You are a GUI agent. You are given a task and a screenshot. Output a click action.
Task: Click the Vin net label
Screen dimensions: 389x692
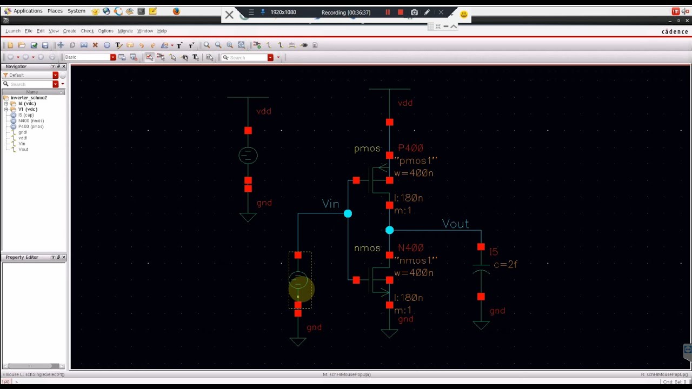tap(330, 204)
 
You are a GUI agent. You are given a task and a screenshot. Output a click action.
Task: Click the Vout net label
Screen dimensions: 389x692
tap(455, 224)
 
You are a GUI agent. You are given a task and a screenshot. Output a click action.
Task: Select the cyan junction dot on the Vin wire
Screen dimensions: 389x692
tap(348, 214)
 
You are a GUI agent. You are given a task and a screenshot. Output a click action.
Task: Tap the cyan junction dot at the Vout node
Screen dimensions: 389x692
tap(389, 230)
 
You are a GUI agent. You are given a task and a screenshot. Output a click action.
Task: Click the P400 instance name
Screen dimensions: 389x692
tap(410, 148)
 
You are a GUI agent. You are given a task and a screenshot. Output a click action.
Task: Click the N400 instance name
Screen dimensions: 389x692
tap(410, 248)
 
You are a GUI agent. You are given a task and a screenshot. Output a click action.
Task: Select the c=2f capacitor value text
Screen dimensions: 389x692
tap(505, 264)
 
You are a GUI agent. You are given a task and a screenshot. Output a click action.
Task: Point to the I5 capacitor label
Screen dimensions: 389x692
tap(494, 252)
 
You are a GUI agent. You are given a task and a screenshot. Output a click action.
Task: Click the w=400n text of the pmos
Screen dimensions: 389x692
tap(414, 173)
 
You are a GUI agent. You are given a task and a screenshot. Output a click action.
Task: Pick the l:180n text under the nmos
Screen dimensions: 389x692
tap(408, 298)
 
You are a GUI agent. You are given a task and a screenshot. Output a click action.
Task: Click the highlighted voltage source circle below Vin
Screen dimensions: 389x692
tap(298, 281)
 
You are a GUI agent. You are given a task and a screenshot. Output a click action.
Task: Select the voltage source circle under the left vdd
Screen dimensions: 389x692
tap(248, 156)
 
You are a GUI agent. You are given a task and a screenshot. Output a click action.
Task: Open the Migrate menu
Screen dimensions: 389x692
tap(125, 31)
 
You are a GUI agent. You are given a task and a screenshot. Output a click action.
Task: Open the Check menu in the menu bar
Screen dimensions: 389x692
tap(87, 31)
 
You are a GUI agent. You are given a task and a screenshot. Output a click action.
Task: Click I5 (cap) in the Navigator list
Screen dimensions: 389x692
tap(26, 115)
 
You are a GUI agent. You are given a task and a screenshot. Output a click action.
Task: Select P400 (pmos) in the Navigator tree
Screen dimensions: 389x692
tap(31, 126)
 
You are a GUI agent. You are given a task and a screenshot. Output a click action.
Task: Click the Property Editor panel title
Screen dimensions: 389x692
tap(22, 257)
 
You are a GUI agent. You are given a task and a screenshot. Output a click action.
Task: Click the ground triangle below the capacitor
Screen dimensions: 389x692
tap(481, 325)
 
